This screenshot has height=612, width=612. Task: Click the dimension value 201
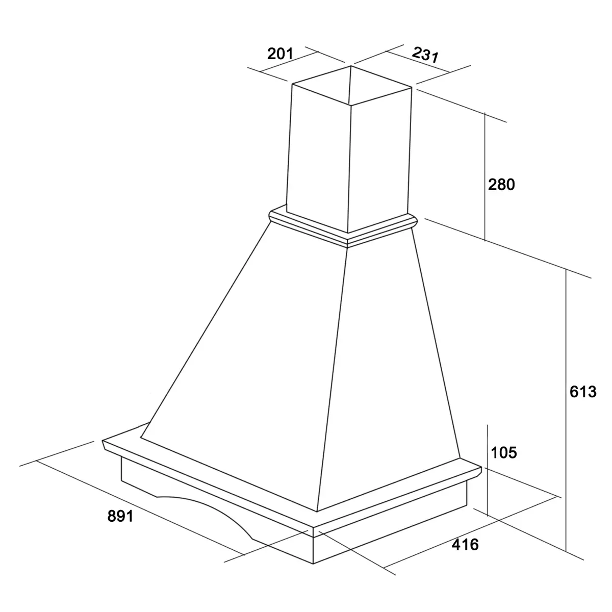click(280, 54)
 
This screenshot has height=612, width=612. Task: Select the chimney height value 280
click(501, 185)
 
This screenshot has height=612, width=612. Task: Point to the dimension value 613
click(583, 392)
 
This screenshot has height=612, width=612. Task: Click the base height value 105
click(504, 452)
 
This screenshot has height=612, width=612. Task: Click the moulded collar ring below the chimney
click(343, 226)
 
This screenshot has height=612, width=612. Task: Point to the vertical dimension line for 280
click(484, 176)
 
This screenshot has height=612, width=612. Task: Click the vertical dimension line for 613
click(566, 410)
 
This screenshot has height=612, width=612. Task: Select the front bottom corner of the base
click(313, 564)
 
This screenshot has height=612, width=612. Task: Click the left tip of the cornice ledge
click(103, 441)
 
